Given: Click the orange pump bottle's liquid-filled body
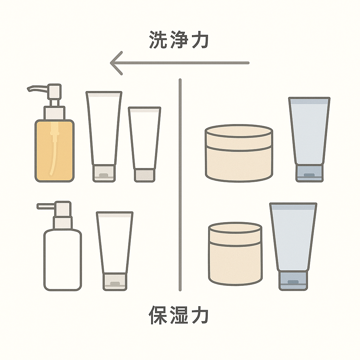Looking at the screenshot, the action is click(x=54, y=151).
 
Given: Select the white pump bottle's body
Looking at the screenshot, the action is click(x=63, y=260).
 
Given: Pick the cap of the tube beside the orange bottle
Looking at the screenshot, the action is click(x=104, y=173).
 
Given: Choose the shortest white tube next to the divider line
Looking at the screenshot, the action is click(x=144, y=144).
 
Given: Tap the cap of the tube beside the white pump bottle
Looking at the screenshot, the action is click(x=115, y=282).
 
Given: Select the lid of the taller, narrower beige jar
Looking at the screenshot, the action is click(x=235, y=234).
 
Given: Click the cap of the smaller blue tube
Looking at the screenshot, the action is click(x=309, y=173).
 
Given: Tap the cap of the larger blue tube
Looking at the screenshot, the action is click(x=293, y=281).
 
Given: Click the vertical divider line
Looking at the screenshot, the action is click(x=180, y=185).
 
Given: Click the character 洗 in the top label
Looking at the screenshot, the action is click(x=157, y=39).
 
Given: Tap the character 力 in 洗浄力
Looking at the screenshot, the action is click(x=200, y=39).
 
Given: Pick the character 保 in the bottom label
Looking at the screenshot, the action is click(x=157, y=315).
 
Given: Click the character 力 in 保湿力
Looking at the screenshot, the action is click(x=200, y=315).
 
